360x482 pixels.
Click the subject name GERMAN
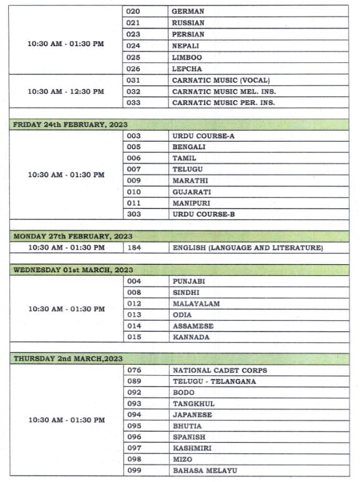(x=188, y=11)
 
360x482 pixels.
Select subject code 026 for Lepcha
(x=134, y=69)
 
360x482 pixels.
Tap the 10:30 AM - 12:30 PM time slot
(x=66, y=91)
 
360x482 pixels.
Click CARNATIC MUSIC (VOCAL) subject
(x=221, y=81)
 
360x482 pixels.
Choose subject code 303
(x=134, y=214)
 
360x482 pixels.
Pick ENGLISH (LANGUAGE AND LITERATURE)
(x=248, y=248)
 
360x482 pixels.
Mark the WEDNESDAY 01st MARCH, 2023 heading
(x=73, y=270)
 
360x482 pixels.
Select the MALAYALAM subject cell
(x=196, y=303)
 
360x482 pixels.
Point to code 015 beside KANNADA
(x=134, y=337)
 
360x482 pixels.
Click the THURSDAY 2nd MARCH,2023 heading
(x=68, y=359)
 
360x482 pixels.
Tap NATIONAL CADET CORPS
(x=220, y=370)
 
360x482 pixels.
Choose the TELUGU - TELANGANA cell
(x=214, y=381)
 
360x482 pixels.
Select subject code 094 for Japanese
(x=134, y=415)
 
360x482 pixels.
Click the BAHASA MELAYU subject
(x=205, y=470)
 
